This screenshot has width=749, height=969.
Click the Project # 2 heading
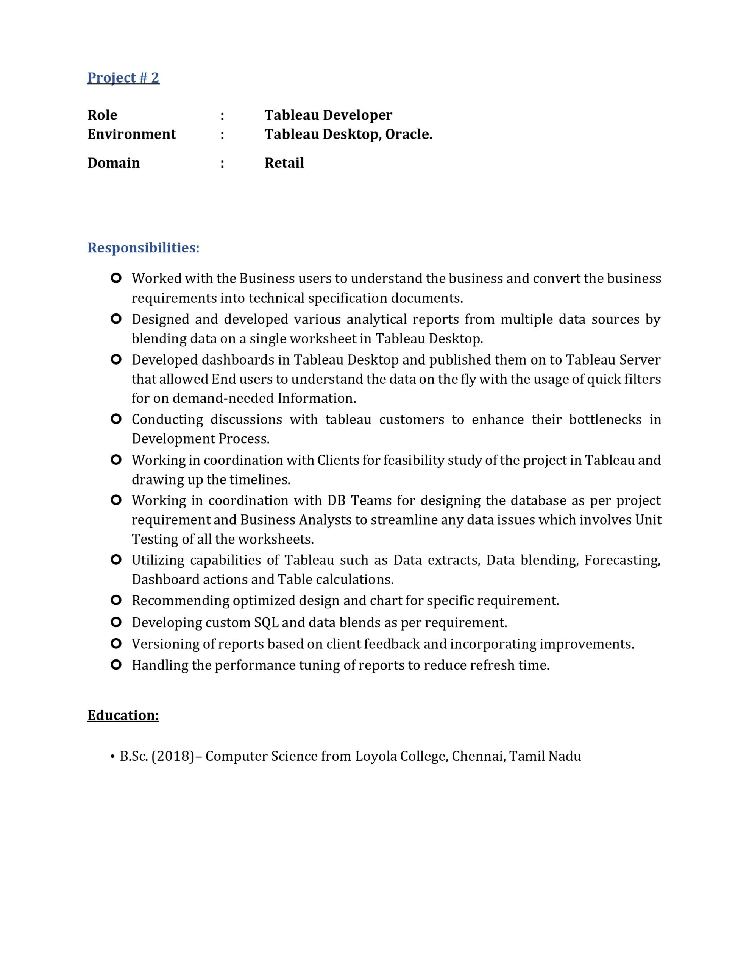pyautogui.click(x=123, y=78)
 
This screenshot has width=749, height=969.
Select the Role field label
pyautogui.click(x=102, y=115)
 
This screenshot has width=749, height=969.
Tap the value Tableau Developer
pyautogui.click(x=328, y=115)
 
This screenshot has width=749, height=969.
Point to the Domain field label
pyautogui.click(x=113, y=163)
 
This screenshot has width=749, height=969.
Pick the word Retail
pyautogui.click(x=284, y=163)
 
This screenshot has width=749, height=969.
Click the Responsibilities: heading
pyautogui.click(x=143, y=248)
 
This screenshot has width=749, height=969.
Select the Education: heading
pyautogui.click(x=123, y=715)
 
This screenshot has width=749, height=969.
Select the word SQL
pyautogui.click(x=266, y=623)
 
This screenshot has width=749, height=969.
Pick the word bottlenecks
pyautogui.click(x=605, y=419)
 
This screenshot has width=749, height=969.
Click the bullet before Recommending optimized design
pyautogui.click(x=116, y=600)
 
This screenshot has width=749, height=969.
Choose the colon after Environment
pyautogui.click(x=222, y=134)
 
